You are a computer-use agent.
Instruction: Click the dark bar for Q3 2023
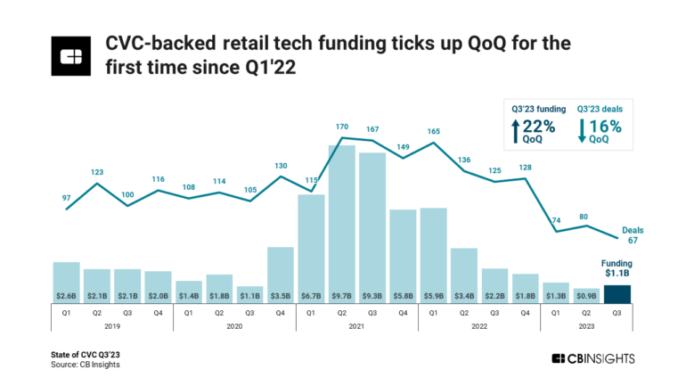click(x=617, y=293)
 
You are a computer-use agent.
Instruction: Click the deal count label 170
click(x=341, y=127)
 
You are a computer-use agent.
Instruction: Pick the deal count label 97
click(x=67, y=197)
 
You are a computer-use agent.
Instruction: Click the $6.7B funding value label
click(x=311, y=295)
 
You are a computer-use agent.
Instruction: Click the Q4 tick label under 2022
click(x=525, y=313)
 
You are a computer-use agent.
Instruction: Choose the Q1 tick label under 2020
click(x=189, y=313)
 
